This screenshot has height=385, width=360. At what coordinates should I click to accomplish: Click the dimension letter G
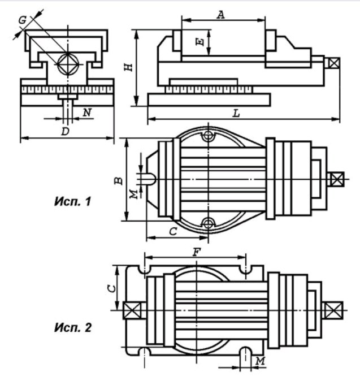tap(23, 20)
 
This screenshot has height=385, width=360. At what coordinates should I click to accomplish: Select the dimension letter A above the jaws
tap(221, 15)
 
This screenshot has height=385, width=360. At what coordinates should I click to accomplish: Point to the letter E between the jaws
tap(200, 42)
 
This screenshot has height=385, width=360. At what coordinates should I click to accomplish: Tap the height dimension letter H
tap(128, 67)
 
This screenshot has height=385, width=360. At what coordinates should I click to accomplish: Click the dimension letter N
tap(87, 113)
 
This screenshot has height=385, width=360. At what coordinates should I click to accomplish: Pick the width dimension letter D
tap(66, 131)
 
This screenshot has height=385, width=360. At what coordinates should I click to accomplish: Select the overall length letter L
tap(236, 114)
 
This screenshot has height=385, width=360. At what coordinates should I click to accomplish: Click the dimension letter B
tap(119, 181)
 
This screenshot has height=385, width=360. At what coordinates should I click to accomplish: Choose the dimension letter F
tap(197, 252)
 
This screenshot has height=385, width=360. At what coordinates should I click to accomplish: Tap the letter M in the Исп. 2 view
tap(261, 361)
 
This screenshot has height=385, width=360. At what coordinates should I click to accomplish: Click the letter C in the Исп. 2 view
tap(112, 288)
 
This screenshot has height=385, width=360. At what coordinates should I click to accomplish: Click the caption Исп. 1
tap(73, 201)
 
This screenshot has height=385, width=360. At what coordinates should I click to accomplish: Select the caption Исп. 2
tap(73, 327)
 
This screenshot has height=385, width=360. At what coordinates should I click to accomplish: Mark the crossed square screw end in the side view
tap(334, 63)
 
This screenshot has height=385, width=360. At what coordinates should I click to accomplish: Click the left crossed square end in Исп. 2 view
tap(132, 310)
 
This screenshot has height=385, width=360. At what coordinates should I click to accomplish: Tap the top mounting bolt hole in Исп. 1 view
tap(209, 136)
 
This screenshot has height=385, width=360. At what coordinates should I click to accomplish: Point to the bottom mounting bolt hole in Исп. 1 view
tap(209, 223)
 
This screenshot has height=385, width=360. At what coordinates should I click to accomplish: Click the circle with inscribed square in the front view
tap(68, 64)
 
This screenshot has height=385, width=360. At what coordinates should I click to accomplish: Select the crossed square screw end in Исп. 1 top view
tap(337, 179)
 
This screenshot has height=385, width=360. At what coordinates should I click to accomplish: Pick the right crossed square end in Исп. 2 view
tap(333, 310)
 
